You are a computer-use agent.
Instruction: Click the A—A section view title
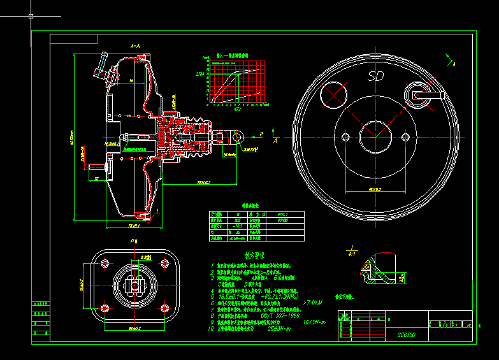coord(135,47)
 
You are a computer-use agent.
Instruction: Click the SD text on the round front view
coord(377,76)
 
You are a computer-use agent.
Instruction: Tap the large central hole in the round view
coord(376,137)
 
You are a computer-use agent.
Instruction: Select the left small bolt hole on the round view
coord(345,137)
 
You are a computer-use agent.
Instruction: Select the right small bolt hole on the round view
coord(405,137)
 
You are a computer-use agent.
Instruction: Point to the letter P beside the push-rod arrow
coord(261,134)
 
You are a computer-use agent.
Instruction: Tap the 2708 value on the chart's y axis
coord(200,74)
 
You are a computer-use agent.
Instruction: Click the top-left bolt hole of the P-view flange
coord(104,263)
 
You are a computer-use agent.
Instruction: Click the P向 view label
coord(134,242)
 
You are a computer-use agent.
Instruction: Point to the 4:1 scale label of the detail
coord(352,252)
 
